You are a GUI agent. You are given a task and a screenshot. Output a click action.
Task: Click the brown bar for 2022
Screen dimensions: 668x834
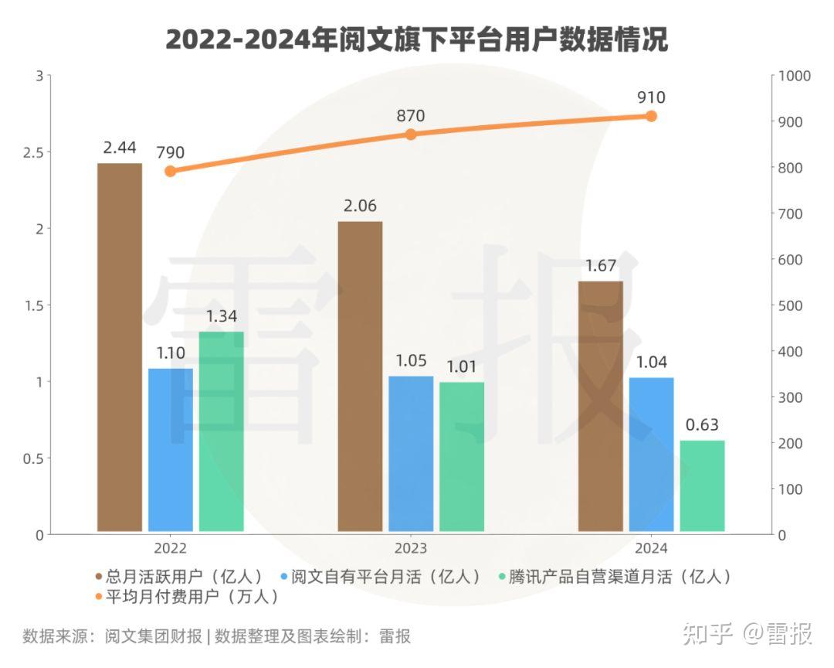click(120, 348)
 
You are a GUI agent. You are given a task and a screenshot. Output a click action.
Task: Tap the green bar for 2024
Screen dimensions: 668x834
click(702, 486)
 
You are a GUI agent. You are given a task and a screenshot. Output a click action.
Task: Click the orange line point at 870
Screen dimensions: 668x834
click(411, 135)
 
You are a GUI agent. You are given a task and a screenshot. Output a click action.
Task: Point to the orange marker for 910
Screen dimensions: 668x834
click(651, 116)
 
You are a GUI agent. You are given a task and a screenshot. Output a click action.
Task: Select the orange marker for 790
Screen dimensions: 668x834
click(171, 171)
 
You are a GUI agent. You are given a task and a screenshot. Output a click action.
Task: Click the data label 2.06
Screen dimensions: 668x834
click(360, 206)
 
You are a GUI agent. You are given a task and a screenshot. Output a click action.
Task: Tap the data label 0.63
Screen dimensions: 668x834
click(702, 424)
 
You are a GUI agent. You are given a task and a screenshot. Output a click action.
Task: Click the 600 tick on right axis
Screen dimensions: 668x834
click(795, 260)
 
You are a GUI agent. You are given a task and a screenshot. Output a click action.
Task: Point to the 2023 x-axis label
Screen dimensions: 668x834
click(411, 548)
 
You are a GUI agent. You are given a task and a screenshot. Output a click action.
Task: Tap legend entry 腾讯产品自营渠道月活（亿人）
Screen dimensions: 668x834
click(617, 577)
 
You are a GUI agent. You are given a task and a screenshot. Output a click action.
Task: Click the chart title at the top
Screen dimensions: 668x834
click(417, 39)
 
